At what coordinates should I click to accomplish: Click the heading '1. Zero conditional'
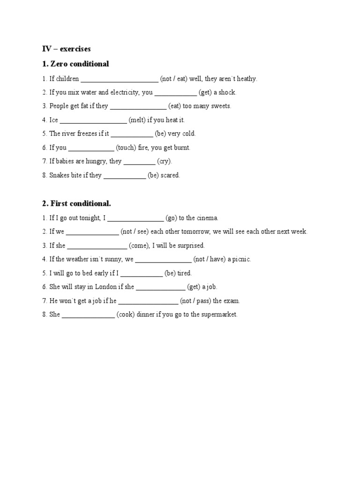(75, 64)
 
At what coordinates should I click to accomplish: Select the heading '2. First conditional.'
(76, 203)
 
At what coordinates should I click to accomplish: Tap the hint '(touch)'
(126, 148)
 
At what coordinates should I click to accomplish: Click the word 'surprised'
(191, 246)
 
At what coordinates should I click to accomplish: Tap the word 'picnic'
(240, 259)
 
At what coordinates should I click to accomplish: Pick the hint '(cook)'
(126, 315)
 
